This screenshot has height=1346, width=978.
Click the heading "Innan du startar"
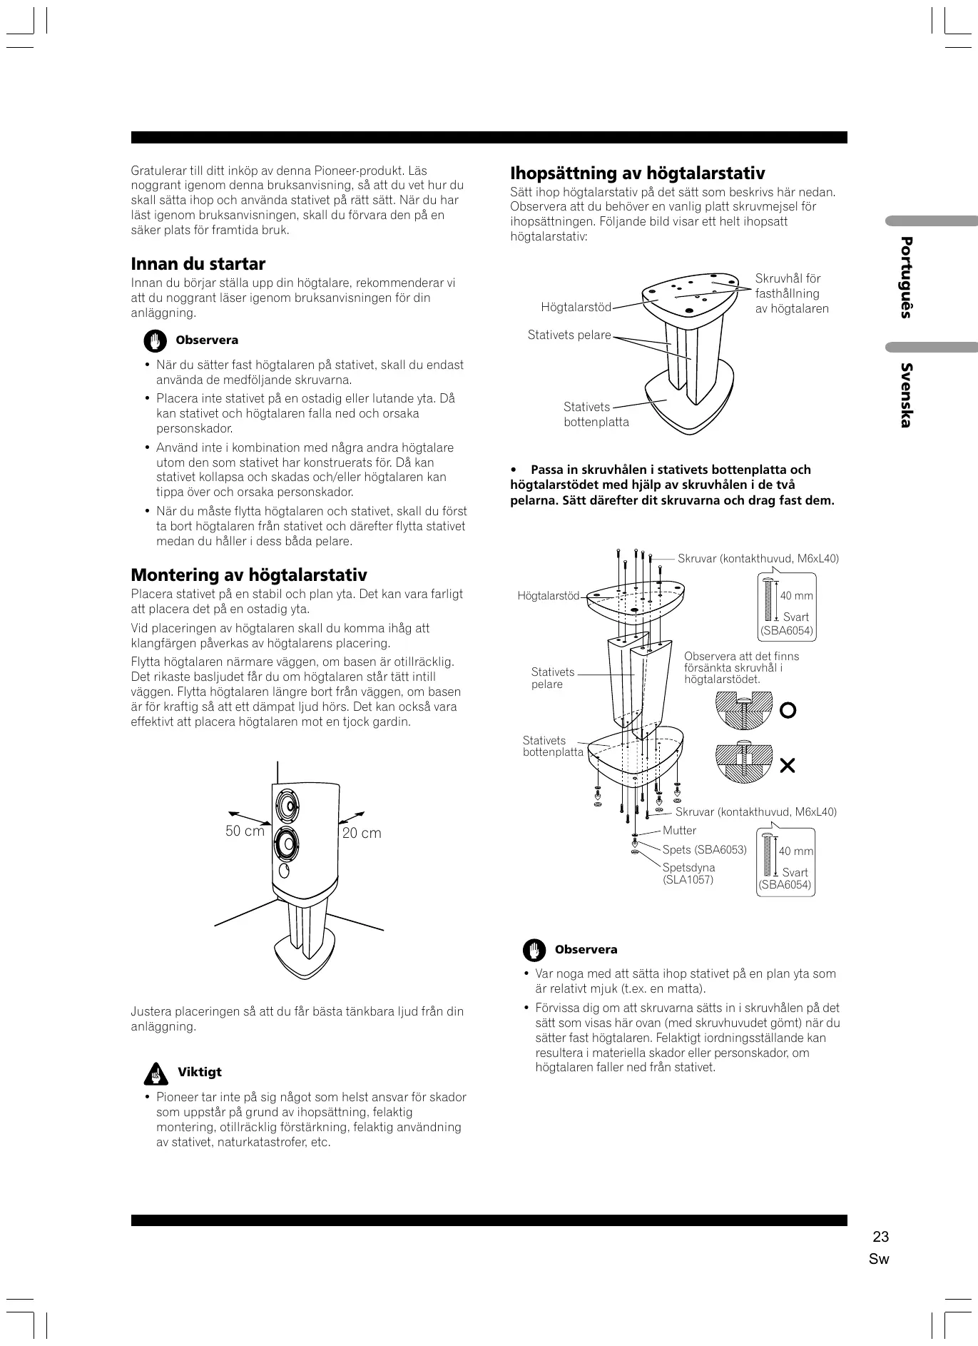coord(198,264)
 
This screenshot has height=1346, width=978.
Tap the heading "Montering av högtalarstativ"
coord(249,575)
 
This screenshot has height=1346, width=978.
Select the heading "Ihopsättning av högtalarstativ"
coord(637,173)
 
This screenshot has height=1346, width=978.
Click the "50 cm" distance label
coord(245,831)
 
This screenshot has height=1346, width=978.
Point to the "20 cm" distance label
coord(362,833)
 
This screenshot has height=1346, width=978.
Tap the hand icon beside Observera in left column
coord(154,340)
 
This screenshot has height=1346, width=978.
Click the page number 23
coord(880,1237)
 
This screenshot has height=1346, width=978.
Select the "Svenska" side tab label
coord(906,395)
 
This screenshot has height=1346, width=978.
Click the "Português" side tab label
coord(906,277)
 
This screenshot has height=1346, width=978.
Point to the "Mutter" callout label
coord(679,830)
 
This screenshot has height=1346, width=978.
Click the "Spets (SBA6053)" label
coord(704,849)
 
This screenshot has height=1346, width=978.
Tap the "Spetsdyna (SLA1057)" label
coord(688,873)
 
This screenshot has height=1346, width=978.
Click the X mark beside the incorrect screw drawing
coord(788,766)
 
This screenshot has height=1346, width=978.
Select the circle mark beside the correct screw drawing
coord(788,710)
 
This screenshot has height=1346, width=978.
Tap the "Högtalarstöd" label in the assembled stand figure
coord(576,308)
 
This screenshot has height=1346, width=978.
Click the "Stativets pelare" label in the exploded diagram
coord(552,678)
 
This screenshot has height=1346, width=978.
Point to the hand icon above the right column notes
coord(534,950)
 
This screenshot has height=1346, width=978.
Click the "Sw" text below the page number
coord(879,1259)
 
